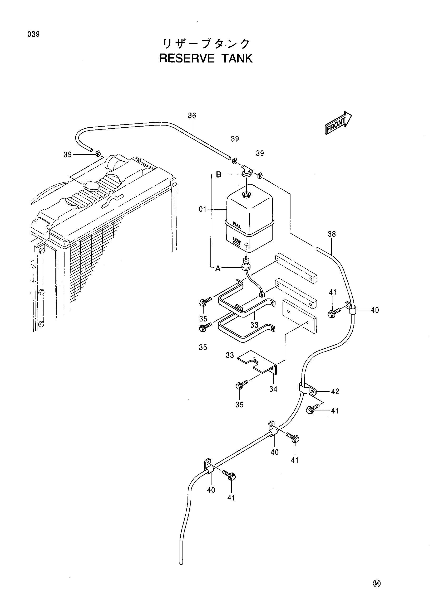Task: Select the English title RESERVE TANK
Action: [206, 58]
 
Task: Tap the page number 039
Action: [33, 34]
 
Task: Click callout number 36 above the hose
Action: [192, 116]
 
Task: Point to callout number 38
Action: [332, 234]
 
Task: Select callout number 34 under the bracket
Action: [273, 389]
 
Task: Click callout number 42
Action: [335, 392]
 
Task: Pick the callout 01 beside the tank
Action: [203, 209]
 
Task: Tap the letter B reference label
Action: [219, 175]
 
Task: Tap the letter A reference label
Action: [218, 268]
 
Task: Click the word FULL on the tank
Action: [237, 225]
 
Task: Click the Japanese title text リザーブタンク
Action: [206, 44]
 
